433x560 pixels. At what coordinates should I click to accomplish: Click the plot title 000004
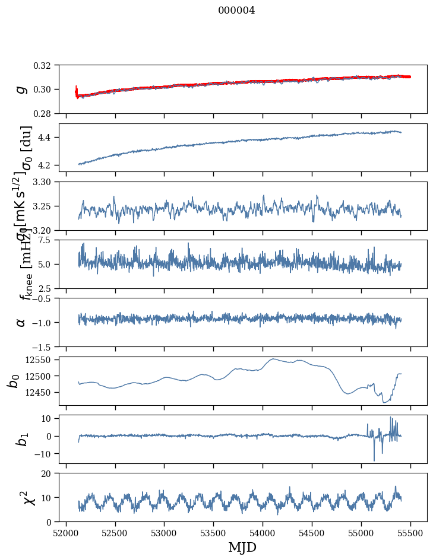click(x=236, y=10)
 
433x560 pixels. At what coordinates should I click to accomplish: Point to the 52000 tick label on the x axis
click(x=66, y=532)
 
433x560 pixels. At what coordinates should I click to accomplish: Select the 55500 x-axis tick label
click(x=411, y=532)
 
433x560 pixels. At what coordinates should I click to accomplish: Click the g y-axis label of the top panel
click(x=21, y=89)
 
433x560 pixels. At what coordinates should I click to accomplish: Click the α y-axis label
click(x=21, y=322)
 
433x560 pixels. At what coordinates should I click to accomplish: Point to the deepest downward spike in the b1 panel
click(x=374, y=460)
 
